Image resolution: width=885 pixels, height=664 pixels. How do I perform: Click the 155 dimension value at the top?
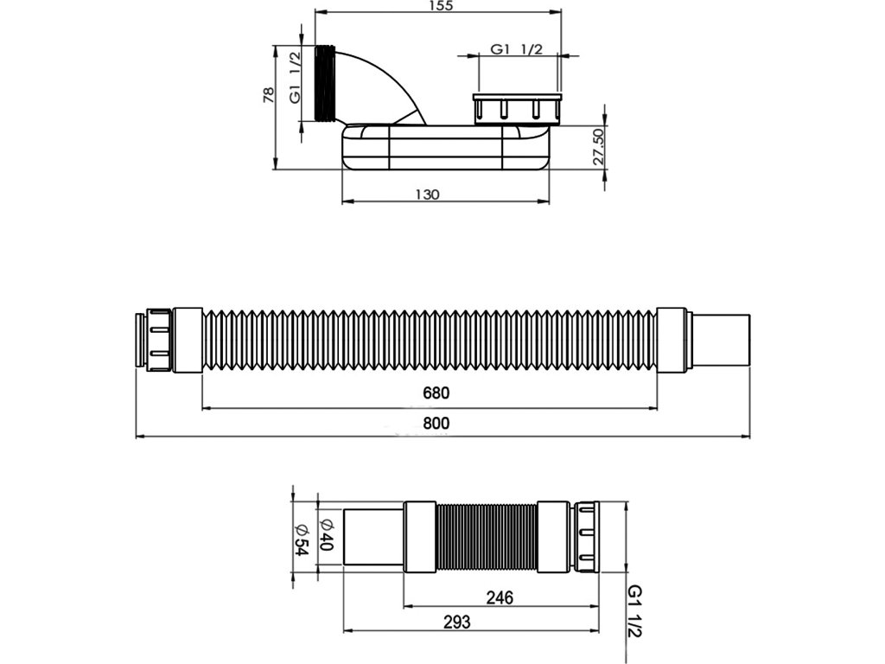440,6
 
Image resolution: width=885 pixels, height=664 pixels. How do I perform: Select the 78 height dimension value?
269,94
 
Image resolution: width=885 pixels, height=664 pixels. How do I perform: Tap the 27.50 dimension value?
599,147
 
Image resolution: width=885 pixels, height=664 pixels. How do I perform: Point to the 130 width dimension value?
427,195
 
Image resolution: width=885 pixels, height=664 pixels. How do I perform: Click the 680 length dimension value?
436,393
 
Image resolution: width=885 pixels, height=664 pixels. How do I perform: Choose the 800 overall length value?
436,424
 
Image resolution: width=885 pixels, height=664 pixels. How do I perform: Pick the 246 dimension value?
500,597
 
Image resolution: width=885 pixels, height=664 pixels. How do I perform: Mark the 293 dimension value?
456,622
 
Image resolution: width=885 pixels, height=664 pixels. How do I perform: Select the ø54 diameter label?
302,539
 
